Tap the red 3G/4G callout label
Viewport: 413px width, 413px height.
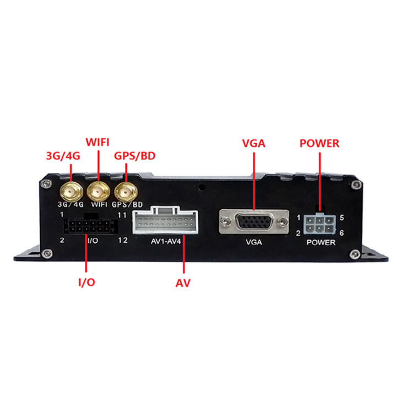click(x=63, y=156)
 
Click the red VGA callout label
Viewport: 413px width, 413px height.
click(x=254, y=144)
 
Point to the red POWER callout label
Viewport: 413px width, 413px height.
click(x=319, y=144)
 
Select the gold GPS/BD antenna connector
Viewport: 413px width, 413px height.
click(x=126, y=192)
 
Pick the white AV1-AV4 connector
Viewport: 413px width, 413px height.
click(x=166, y=224)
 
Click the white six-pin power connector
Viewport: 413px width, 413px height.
click(x=319, y=223)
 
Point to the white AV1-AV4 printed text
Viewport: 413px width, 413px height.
click(x=166, y=242)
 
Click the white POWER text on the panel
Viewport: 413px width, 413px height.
click(x=320, y=242)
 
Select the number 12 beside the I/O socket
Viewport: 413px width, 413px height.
click(x=123, y=240)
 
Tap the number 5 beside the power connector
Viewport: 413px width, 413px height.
click(x=342, y=217)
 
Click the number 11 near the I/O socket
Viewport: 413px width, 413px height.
click(x=122, y=213)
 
